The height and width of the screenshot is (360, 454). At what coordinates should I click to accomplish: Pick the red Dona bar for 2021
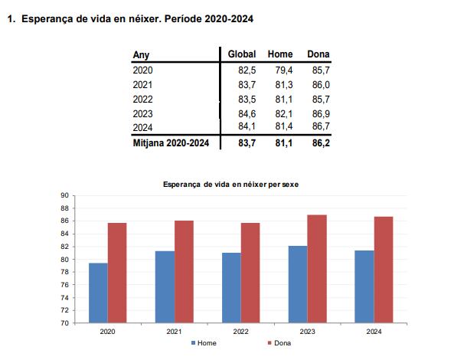tap(184, 272)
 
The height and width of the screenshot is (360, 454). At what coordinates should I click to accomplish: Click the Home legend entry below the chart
tap(204, 342)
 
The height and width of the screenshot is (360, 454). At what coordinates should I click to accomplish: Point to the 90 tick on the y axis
tap(65, 195)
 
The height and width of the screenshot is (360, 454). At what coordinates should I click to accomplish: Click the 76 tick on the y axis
tap(65, 285)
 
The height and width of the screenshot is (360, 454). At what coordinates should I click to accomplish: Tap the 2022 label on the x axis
tap(240, 332)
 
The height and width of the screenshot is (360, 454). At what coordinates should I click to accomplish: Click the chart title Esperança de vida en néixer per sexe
tap(230, 185)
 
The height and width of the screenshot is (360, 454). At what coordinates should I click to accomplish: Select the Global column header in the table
tap(242, 55)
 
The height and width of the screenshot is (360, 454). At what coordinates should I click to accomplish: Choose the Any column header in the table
tap(141, 55)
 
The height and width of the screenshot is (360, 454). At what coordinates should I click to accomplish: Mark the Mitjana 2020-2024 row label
tap(171, 142)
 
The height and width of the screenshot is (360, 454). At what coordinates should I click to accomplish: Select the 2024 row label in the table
tap(143, 128)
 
